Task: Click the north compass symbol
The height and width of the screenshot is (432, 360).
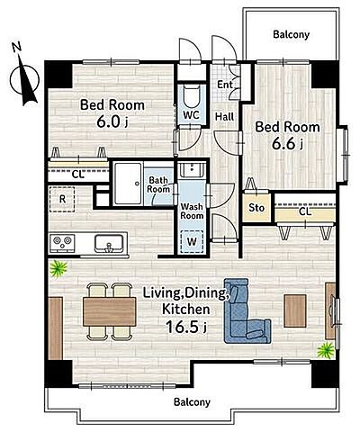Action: (x=24, y=76)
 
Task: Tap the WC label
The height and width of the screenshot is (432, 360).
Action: (x=191, y=115)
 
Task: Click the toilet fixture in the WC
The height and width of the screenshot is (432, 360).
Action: (x=192, y=96)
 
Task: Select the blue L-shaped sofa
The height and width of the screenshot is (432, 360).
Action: (x=246, y=312)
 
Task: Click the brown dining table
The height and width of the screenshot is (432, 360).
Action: (x=110, y=311)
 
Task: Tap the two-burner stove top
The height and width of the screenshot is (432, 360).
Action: (x=63, y=243)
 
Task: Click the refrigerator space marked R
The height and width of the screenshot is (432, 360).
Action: (x=62, y=199)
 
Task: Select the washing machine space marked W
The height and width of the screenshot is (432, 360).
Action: (x=192, y=241)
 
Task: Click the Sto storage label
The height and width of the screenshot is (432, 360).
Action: (x=256, y=208)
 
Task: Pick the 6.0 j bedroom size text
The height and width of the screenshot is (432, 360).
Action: (x=112, y=121)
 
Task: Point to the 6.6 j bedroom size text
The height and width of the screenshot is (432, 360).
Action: (x=287, y=144)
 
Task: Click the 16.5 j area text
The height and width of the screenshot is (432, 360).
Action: (x=185, y=327)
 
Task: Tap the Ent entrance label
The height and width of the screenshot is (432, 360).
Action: (x=225, y=85)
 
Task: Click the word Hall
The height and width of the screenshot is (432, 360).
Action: (x=225, y=116)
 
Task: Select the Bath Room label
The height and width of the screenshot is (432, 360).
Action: (x=158, y=184)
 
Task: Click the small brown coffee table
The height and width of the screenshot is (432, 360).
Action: (x=295, y=310)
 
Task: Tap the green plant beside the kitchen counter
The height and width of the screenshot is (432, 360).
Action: (x=58, y=269)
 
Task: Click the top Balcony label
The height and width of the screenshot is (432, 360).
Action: (x=291, y=34)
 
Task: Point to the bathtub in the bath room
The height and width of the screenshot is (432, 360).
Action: (x=128, y=184)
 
